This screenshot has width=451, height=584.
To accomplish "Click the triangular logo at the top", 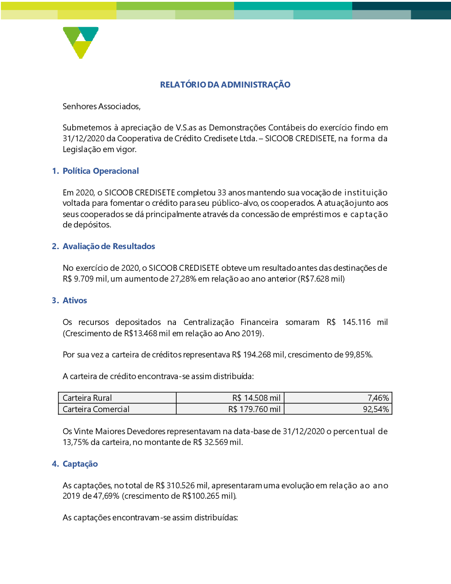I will point(81,42).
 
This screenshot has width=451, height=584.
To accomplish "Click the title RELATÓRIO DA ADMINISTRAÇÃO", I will point(225,85).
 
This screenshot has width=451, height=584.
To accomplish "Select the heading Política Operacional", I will point(101,171).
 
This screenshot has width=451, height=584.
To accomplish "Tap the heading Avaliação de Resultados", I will point(109,246).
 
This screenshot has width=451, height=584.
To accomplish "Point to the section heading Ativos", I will point(75,301).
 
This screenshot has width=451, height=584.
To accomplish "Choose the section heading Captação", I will point(80,464).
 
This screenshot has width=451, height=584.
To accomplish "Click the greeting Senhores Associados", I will point(101,107).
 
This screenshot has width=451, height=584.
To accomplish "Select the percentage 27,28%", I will point(183,279).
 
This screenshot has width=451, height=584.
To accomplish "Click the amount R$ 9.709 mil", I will point(85,279).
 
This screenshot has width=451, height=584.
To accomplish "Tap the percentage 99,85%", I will point(359,355).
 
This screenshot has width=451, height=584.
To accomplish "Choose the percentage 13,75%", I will point(75,442).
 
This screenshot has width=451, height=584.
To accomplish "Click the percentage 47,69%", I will point(106,496).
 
